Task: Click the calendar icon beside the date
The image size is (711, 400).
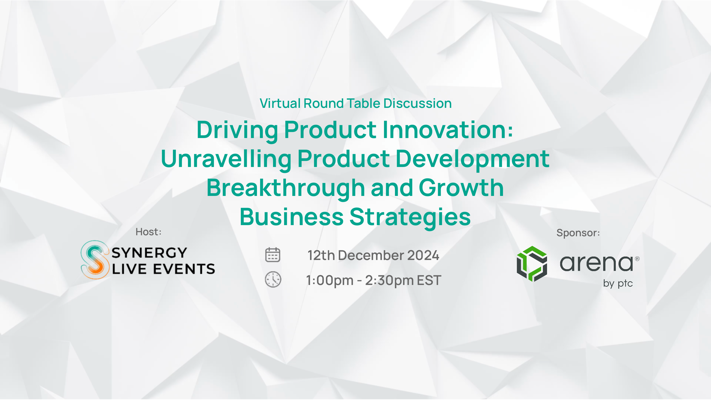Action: (x=273, y=255)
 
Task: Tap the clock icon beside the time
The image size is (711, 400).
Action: (x=273, y=279)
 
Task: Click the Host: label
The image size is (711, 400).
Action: (x=148, y=232)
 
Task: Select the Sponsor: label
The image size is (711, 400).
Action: (x=578, y=233)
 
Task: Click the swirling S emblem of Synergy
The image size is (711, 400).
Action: (x=94, y=260)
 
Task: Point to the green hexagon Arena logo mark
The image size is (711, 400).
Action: (x=532, y=264)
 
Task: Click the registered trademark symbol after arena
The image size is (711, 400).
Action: (x=637, y=259)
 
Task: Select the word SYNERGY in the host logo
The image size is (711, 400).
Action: (x=149, y=253)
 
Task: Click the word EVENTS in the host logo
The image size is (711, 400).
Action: (x=184, y=269)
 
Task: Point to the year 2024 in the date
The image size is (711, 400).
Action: (x=423, y=255)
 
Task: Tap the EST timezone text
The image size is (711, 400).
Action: (x=429, y=280)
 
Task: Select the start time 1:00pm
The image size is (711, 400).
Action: (x=330, y=281)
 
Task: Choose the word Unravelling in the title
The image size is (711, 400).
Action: (x=226, y=159)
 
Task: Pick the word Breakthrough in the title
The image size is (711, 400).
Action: (x=286, y=188)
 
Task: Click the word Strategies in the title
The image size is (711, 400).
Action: (x=410, y=217)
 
